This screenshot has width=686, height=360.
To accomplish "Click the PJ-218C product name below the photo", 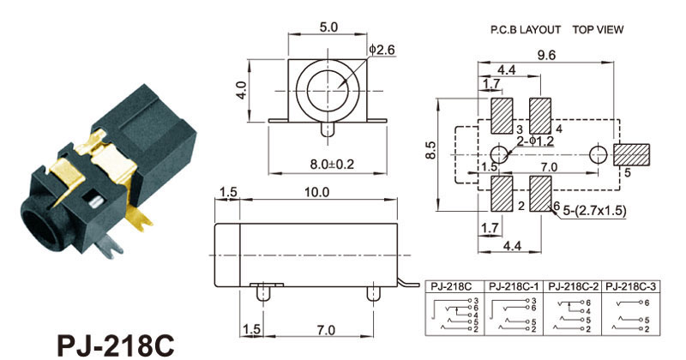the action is [x=116, y=345].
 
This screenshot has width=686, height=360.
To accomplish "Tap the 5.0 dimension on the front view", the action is [x=328, y=27].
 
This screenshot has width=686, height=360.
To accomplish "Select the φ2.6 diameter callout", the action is [x=382, y=50].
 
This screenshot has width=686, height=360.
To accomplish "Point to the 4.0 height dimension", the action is [x=242, y=90].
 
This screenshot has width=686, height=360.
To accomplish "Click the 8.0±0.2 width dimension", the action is [x=332, y=165].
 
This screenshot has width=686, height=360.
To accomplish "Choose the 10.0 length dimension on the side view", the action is [x=317, y=192].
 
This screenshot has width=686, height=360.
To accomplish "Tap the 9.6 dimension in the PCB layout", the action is [x=546, y=55].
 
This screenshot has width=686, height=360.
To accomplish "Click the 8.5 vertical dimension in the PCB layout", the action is [x=430, y=150].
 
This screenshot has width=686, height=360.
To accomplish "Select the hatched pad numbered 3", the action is [x=502, y=116].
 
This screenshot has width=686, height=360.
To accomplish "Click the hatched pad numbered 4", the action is [x=540, y=116].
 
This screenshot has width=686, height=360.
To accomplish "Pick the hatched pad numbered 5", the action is [x=631, y=155].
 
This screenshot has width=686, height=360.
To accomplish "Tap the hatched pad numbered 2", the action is [x=502, y=194].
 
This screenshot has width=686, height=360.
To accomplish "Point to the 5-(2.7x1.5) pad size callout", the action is [x=594, y=211].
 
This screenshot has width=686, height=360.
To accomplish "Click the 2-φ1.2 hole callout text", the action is [x=535, y=141].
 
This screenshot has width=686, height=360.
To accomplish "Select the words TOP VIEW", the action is [x=598, y=30].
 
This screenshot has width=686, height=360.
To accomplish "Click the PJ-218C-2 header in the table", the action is [x=573, y=286].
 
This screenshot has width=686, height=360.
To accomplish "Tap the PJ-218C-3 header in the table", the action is [x=631, y=286].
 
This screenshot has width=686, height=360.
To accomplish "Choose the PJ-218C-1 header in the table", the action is [x=514, y=286].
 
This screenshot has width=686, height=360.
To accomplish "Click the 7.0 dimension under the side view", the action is [x=326, y=329].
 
